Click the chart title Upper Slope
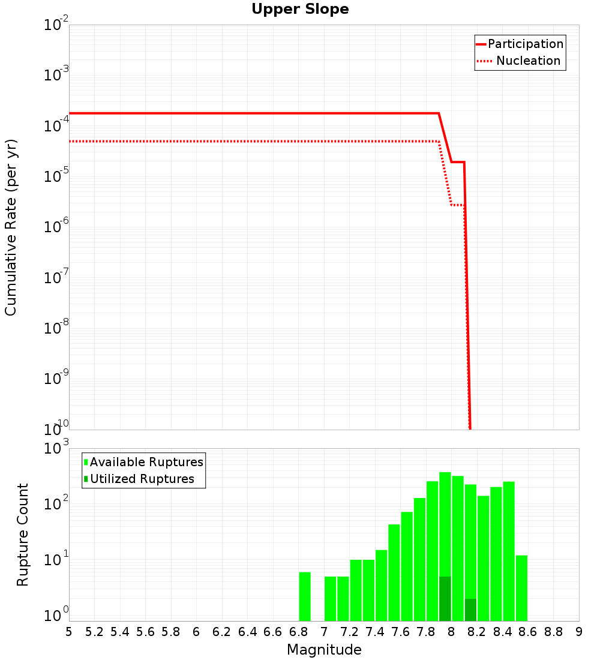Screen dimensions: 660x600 [300, 9]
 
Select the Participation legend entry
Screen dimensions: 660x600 [525, 44]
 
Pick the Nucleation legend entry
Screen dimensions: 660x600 [527, 61]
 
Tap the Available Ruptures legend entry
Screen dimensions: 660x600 [146, 462]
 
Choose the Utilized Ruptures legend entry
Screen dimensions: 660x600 [142, 479]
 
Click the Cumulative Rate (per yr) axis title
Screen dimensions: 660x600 [11, 227]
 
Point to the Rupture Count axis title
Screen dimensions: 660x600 [23, 535]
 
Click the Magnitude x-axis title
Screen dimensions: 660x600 [324, 650]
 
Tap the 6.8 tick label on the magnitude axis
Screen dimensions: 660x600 [298, 632]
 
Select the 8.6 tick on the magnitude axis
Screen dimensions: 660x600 [528, 632]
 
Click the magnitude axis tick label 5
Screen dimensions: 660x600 [69, 632]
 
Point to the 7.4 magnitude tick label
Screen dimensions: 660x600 [375, 632]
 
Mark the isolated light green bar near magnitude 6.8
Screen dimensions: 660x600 [305, 596]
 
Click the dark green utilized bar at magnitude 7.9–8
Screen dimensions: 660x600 [445, 599]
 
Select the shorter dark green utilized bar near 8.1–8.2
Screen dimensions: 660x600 [470, 610]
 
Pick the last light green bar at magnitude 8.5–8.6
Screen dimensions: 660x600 [521, 588]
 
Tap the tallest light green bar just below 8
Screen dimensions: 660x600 [445, 522]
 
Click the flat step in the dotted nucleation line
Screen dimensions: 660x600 [457, 205]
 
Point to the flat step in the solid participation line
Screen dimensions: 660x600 [458, 162]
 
